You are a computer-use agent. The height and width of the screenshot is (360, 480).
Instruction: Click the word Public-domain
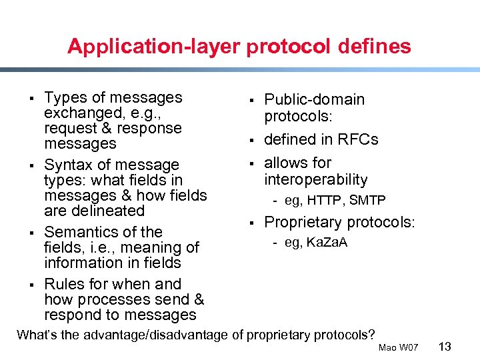[x=315, y=100]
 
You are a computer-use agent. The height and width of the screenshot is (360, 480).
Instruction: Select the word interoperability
[x=316, y=179]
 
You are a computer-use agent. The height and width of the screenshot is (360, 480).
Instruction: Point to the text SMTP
[x=367, y=200]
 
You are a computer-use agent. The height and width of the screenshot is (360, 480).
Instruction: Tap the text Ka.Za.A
[x=325, y=243]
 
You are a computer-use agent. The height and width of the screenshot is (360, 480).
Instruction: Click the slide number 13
[x=446, y=347]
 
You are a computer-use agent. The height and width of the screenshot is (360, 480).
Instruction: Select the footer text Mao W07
[x=398, y=348]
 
